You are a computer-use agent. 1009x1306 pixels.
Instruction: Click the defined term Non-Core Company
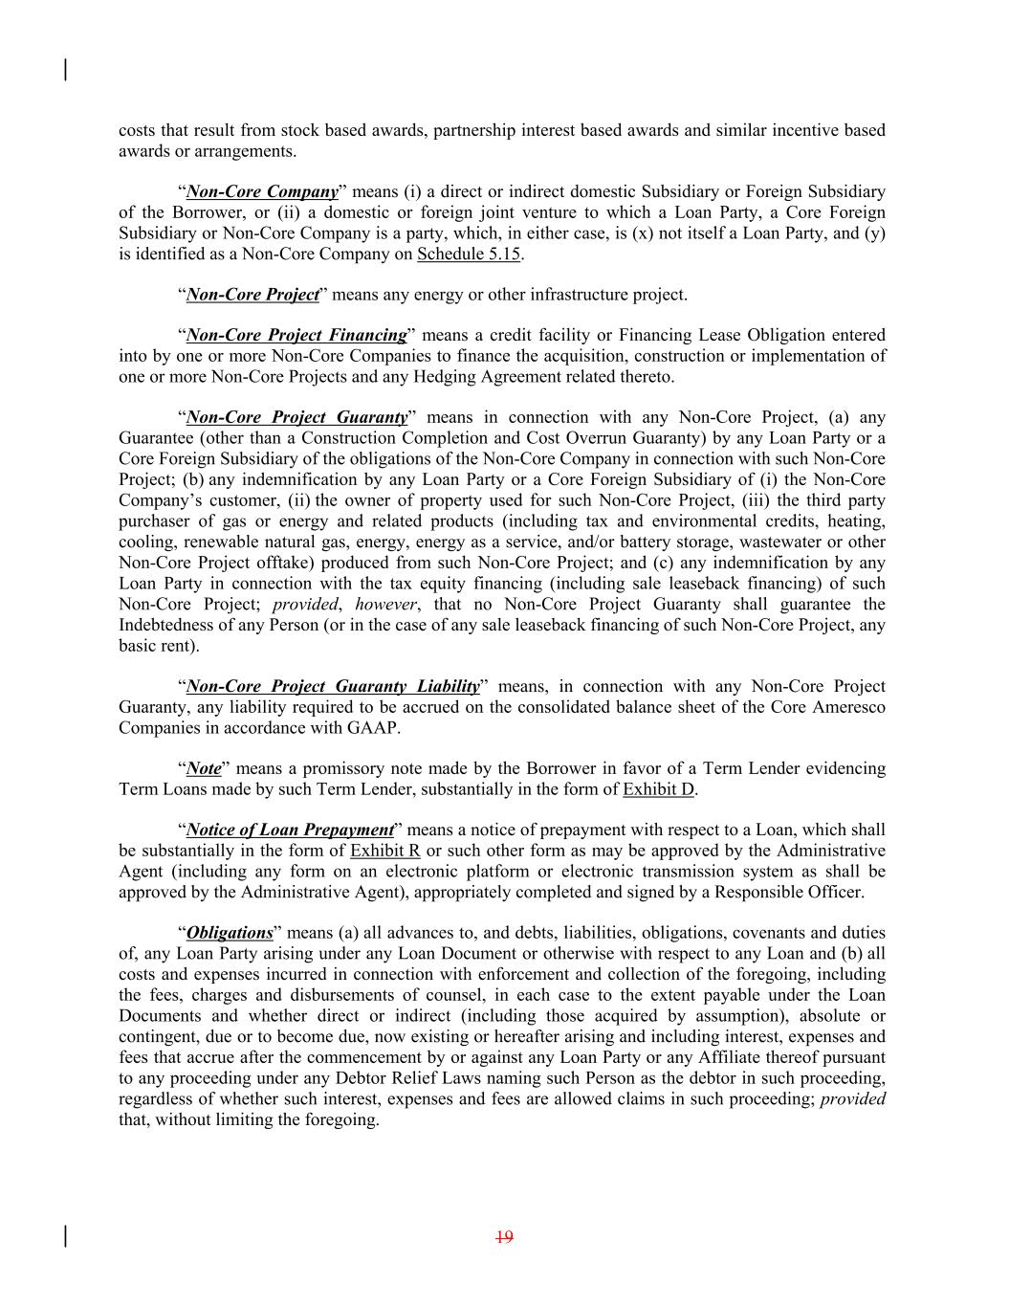coord(262,191)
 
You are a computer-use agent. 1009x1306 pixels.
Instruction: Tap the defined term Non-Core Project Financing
coord(296,335)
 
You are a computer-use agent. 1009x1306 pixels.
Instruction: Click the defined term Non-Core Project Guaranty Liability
coord(333,686)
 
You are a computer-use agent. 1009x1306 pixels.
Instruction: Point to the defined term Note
coord(204,768)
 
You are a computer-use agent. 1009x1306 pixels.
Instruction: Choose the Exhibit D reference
coord(658,789)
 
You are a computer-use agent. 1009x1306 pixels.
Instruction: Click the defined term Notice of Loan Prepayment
coord(290,830)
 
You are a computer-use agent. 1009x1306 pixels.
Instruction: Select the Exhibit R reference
coord(385,851)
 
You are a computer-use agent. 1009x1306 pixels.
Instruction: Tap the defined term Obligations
coord(230,933)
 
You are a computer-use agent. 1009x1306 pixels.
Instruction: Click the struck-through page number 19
coord(505,1237)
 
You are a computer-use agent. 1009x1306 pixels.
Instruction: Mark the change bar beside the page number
coord(65,1236)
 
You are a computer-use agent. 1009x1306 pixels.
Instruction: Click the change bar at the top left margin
coord(65,70)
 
